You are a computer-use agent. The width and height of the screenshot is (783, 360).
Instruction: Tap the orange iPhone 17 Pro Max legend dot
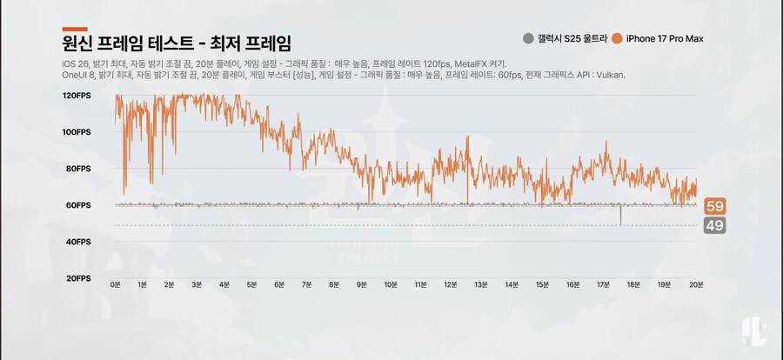[617, 38]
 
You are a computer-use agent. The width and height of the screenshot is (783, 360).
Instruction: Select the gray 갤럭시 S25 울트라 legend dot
[527, 38]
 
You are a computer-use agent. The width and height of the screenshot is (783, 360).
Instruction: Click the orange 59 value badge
[714, 206]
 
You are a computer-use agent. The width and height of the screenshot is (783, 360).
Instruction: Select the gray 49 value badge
[714, 226]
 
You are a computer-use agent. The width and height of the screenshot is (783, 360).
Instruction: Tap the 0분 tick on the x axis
[116, 284]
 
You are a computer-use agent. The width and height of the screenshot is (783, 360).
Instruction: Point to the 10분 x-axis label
[391, 284]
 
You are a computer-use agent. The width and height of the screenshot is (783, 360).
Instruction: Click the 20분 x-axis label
[695, 284]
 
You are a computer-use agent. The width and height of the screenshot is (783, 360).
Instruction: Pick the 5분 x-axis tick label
[252, 284]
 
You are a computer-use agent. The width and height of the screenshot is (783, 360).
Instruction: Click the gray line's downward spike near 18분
[620, 217]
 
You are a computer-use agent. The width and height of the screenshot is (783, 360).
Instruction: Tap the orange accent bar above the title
[75, 28]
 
